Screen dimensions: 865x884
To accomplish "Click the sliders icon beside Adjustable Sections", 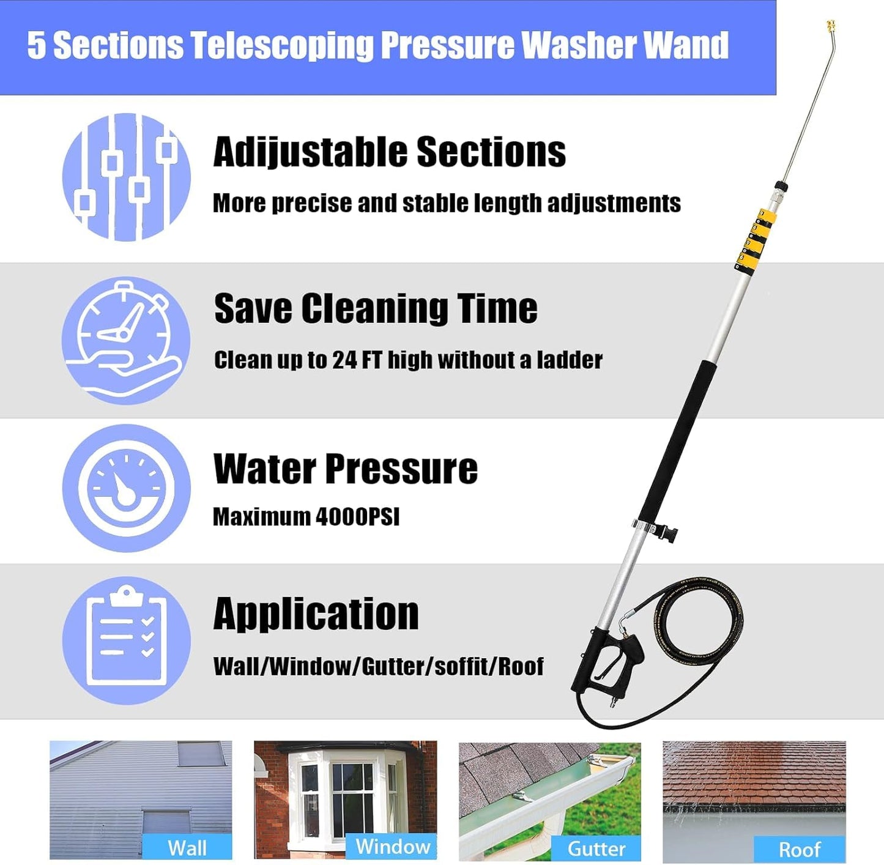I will click(126, 177).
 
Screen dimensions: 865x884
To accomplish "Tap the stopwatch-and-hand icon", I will click(126, 340).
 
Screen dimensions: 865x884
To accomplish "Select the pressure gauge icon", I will click(126, 488).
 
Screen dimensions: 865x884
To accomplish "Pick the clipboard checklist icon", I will click(126, 640).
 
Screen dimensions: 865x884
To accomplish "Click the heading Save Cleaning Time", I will click(376, 308).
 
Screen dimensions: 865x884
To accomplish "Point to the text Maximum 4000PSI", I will click(306, 517).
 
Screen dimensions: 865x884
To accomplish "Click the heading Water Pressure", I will click(345, 469).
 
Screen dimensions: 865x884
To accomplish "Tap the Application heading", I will click(316, 614).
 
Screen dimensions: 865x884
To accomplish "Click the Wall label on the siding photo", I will click(187, 848).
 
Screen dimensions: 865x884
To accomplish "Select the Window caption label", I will click(393, 847).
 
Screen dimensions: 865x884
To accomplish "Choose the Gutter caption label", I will click(596, 848).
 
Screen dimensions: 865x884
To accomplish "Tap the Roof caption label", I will click(800, 849).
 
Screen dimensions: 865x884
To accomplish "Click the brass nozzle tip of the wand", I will click(831, 28).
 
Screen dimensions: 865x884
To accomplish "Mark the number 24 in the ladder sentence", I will click(344, 360).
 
